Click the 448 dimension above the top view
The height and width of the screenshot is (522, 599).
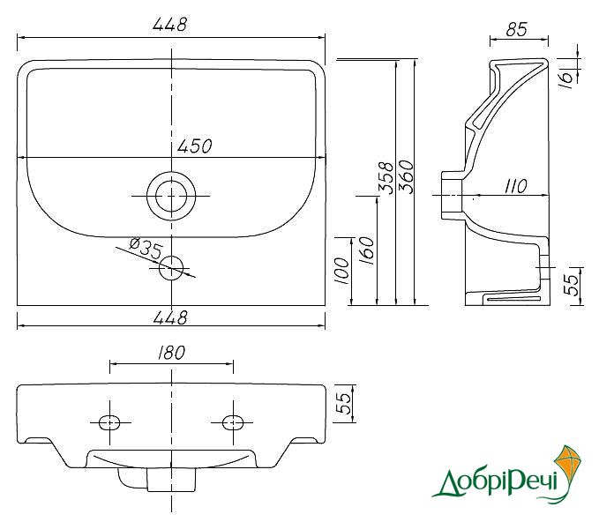170,25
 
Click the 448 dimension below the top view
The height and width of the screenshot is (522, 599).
170,317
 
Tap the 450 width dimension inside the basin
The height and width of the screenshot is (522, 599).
195,145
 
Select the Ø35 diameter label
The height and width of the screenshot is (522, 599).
146,248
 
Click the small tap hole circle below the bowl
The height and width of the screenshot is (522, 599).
171,268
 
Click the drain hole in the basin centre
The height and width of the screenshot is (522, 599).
171,196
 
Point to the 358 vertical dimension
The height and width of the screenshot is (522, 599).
386,177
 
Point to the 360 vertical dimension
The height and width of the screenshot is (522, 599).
406,176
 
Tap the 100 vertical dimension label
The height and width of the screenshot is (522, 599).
341,271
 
